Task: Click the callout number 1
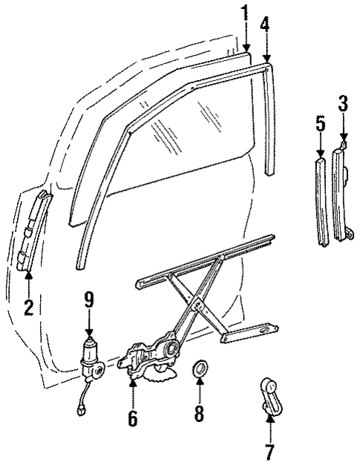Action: tap(245, 13)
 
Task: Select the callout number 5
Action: tap(320, 124)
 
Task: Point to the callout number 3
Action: tap(343, 104)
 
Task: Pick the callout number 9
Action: tap(89, 300)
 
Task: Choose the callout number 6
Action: tap(132, 418)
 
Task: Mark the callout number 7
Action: tap(269, 452)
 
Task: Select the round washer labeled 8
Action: tap(199, 369)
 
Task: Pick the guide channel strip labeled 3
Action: tap(342, 193)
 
